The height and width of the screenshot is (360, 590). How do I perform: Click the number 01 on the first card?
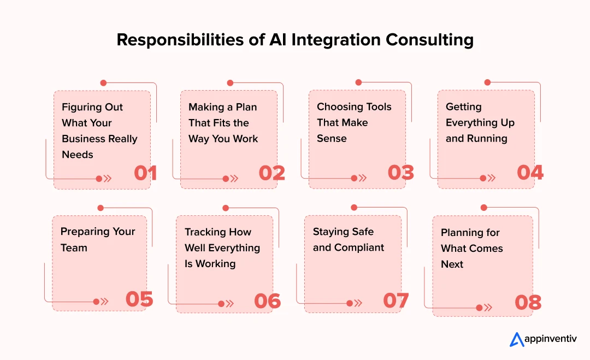click(x=145, y=173)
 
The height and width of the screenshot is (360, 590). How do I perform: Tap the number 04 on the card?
click(x=530, y=173)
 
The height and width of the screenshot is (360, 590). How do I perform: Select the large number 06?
click(x=267, y=300)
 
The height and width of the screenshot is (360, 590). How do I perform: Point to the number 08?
click(x=528, y=303)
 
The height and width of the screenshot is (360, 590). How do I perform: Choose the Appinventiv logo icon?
click(x=517, y=340)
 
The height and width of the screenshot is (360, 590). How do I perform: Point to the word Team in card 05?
click(x=74, y=247)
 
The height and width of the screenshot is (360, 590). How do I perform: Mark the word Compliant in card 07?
click(x=359, y=247)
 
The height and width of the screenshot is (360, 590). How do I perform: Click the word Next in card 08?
click(x=452, y=264)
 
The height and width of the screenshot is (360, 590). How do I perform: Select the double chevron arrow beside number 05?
click(x=105, y=302)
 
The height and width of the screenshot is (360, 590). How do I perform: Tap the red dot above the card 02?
click(x=230, y=83)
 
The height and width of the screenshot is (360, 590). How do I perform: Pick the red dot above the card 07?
click(x=353, y=208)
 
